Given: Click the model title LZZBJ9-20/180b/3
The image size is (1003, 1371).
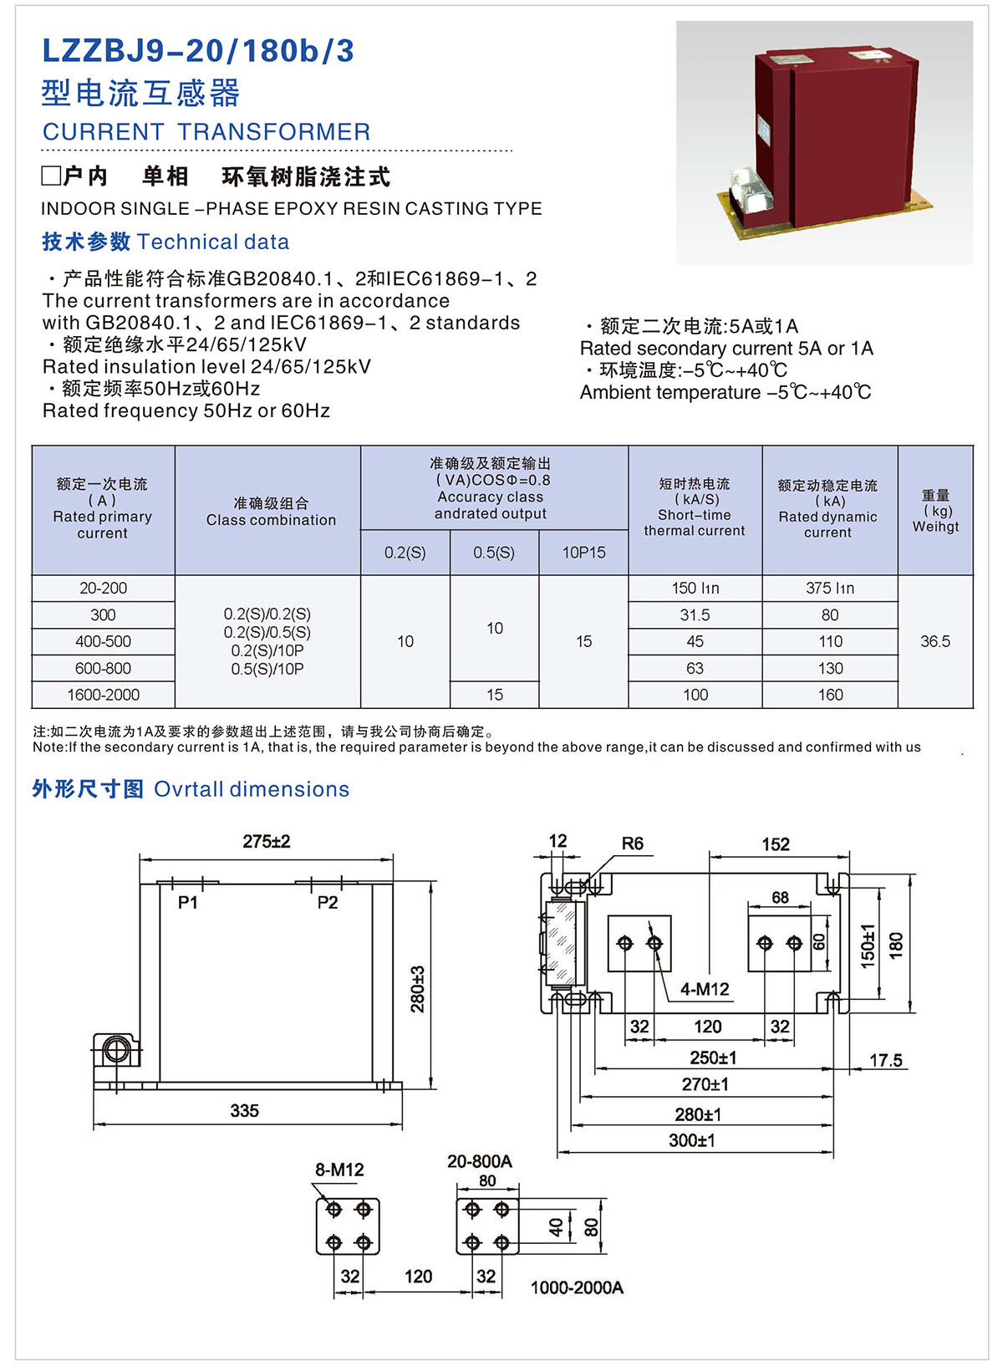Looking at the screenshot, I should (198, 52).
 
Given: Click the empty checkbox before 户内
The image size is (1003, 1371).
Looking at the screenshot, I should (51, 176).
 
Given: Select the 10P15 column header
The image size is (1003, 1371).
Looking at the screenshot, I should (583, 553).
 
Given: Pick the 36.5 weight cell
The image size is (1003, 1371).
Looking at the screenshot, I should (935, 641).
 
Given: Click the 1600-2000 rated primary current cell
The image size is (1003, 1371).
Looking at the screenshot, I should (103, 695).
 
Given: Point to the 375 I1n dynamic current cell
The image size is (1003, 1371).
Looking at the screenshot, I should (830, 589).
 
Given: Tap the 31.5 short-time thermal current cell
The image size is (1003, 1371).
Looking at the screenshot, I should (695, 615).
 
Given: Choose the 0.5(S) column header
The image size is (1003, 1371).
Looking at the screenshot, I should (494, 553).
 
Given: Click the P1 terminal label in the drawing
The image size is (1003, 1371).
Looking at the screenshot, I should (188, 903).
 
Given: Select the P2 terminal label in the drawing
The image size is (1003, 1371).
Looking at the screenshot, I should (328, 903).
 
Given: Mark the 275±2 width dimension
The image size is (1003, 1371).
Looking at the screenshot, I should (267, 842).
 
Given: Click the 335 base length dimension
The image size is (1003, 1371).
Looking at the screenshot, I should (244, 1111).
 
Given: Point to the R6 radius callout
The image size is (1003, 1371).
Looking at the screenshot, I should (633, 843).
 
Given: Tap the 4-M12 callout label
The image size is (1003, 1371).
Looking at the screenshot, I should (705, 990).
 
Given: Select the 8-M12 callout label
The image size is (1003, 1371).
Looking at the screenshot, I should (339, 1170).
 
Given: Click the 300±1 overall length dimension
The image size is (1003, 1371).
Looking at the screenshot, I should (692, 1140).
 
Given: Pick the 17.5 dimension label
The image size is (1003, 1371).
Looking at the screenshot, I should (886, 1061).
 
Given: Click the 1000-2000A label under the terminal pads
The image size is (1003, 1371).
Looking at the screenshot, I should (577, 1287).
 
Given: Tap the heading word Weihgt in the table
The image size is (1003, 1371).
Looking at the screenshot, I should (935, 527).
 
